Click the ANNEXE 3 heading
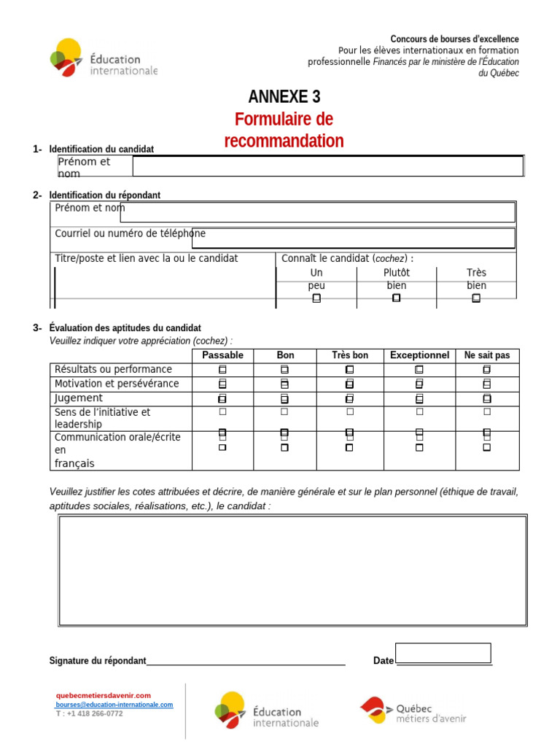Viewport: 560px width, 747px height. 284,97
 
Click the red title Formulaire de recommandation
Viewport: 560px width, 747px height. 284,130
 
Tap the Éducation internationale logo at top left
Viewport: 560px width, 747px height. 104,58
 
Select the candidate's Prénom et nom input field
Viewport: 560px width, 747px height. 327,166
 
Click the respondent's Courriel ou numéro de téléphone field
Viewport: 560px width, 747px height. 353,238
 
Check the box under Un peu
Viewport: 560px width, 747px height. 316,298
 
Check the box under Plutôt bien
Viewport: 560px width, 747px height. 397,298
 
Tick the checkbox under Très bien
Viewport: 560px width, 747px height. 476,298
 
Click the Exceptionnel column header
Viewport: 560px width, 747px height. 419,355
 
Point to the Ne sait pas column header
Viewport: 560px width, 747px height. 487,355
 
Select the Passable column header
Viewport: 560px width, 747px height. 222,355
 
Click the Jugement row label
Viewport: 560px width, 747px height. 79,398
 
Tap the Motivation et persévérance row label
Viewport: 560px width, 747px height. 117,384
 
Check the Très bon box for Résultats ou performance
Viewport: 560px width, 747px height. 350,370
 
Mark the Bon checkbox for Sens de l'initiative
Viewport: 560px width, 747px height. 285,412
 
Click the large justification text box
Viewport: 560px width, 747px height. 292,570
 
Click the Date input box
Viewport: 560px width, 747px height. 443,653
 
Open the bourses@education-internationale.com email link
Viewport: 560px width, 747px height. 115,705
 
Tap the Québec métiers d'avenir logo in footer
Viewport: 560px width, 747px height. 413,710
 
